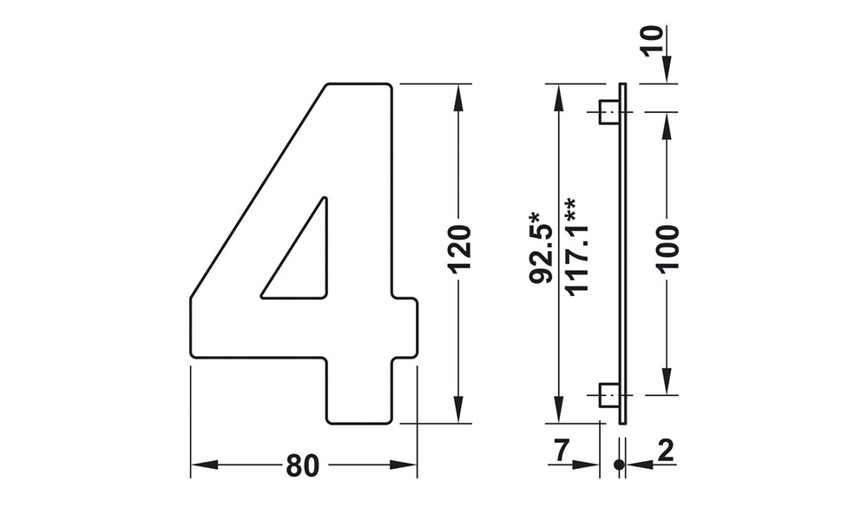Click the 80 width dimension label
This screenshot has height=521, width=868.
(x=303, y=465)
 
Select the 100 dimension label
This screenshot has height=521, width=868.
(x=668, y=248)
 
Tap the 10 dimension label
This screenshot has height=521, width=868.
(x=653, y=41)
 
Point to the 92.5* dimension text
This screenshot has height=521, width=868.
(x=541, y=247)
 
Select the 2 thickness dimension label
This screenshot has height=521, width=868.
(x=665, y=452)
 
